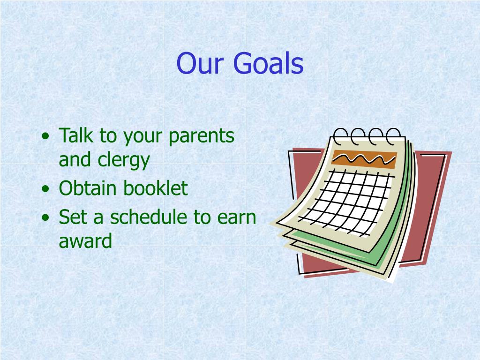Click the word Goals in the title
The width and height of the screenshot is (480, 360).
268,63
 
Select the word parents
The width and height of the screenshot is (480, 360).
202,136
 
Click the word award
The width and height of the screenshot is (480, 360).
85,241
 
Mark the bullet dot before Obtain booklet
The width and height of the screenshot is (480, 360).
45,188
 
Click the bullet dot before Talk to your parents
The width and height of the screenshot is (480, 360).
45,136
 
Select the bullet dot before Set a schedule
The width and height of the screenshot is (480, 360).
45,217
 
